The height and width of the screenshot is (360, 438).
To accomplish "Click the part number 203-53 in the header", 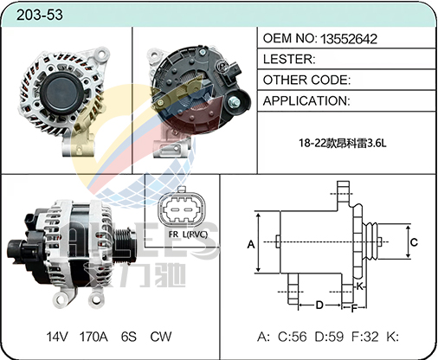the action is coord(40,15).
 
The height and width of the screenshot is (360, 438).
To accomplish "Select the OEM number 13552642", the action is coord(349,39).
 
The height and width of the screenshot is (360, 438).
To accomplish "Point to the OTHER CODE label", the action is coord(306,80).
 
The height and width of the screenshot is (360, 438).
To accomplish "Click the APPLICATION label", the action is coord(306,101).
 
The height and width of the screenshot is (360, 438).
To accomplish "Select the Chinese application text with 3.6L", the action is coord(342,143).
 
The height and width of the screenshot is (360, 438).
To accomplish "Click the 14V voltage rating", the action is coord(57,337).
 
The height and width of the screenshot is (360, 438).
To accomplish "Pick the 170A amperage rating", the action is coord(93,337).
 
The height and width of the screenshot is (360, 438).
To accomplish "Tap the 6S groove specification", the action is coord(129,337).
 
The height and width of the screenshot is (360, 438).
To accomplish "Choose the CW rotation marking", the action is coord(161,337).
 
